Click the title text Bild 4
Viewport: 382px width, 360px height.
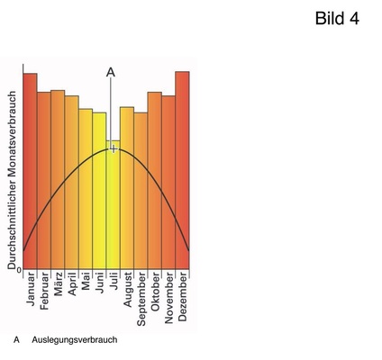click(337, 19)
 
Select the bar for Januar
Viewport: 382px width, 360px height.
click(30, 171)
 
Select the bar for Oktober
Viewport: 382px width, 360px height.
click(154, 180)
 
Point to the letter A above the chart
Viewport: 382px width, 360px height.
click(111, 71)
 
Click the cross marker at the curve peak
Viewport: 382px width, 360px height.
click(114, 148)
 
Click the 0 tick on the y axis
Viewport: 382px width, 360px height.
click(19, 269)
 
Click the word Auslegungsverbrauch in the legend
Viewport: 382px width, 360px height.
click(74, 341)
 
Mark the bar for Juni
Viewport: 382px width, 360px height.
click(99, 190)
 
